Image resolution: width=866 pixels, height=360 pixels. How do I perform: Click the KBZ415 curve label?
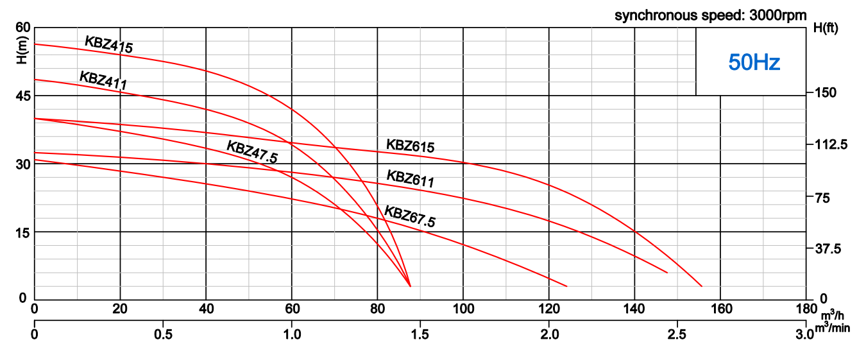(x=108, y=44)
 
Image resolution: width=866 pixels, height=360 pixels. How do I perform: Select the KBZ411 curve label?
(x=103, y=80)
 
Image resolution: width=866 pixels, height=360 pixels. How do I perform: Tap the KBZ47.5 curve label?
(x=252, y=151)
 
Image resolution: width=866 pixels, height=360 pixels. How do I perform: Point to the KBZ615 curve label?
(x=410, y=145)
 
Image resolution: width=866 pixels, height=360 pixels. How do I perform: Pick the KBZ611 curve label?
(x=410, y=178)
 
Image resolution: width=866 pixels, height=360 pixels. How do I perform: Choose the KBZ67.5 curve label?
(x=410, y=216)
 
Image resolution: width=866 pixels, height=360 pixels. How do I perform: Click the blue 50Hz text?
(x=754, y=62)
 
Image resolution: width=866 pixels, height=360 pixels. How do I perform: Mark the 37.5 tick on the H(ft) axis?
(x=830, y=248)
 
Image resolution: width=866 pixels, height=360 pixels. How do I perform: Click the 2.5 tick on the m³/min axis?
(x=677, y=334)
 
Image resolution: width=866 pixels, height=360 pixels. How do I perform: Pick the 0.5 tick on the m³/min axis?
(x=163, y=334)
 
